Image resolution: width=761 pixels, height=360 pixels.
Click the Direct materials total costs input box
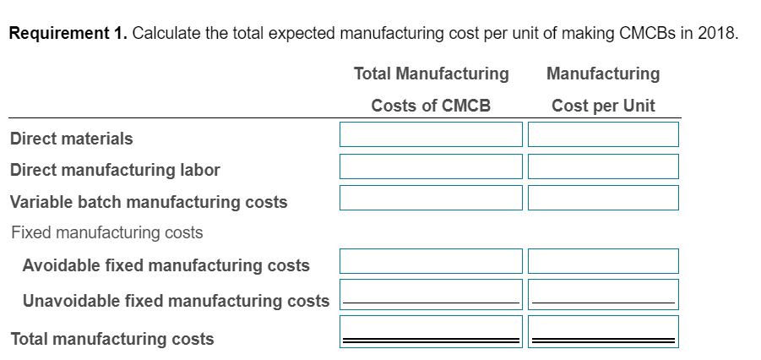(x=431, y=134)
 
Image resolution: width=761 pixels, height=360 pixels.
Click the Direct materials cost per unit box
(x=603, y=134)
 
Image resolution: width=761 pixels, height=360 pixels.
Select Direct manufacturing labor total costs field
(x=431, y=166)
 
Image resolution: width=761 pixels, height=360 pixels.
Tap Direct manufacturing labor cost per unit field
(x=603, y=166)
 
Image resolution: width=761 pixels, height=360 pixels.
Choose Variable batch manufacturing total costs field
(x=431, y=198)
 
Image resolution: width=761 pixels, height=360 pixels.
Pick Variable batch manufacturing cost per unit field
(x=603, y=198)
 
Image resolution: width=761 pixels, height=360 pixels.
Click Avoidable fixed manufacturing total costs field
(x=431, y=261)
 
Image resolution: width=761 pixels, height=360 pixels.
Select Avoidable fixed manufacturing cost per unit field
(x=603, y=261)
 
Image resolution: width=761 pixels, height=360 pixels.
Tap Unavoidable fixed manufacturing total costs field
(x=431, y=293)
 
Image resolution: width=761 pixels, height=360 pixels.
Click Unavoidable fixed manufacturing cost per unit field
(x=603, y=293)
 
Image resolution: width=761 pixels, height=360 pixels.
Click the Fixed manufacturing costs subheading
(x=107, y=232)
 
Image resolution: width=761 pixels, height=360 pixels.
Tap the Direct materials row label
(x=72, y=139)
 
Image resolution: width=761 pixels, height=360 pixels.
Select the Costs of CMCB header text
(x=431, y=106)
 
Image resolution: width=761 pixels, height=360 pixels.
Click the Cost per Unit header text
(x=603, y=106)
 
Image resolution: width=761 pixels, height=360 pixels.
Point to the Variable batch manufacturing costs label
(x=149, y=202)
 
